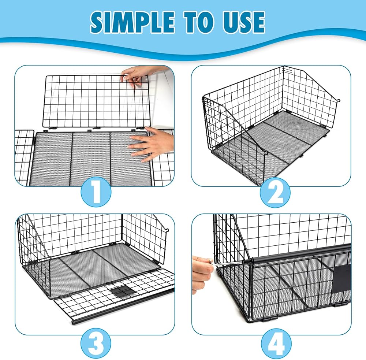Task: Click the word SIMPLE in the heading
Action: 132,22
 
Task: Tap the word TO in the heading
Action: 201,22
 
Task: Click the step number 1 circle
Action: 96,192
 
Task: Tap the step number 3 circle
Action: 96,343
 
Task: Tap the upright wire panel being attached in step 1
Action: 96,101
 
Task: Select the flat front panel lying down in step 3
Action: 114,297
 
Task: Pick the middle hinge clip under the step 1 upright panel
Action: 96,129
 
